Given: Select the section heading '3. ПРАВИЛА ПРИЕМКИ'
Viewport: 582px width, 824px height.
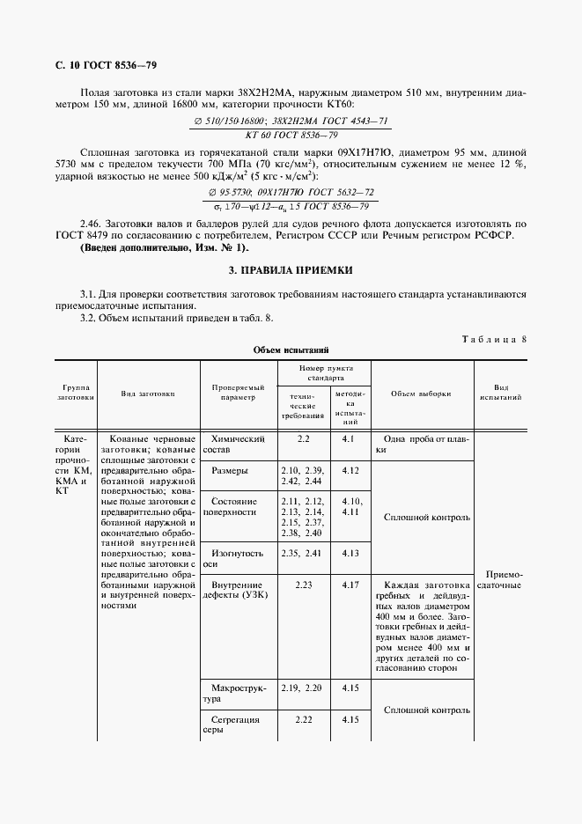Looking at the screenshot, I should (291, 271).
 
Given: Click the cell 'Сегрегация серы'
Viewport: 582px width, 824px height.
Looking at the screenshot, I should (232, 725).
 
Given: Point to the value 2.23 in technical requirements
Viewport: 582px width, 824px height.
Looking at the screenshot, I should (304, 584).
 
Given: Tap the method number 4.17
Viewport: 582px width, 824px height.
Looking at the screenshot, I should (350, 584).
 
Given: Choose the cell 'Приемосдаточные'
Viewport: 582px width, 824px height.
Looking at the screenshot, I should (501, 578).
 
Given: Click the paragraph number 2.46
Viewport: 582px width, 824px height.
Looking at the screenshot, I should (91, 224).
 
